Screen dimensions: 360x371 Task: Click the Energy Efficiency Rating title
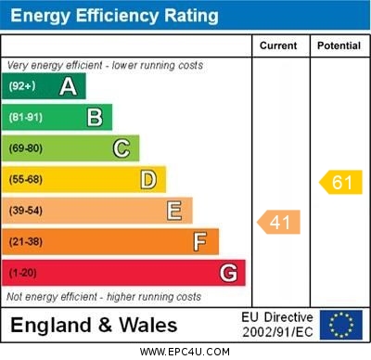[114, 16]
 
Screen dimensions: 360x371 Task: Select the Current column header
[278, 45]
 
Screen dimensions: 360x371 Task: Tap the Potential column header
[339, 45]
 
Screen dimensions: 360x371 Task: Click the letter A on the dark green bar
[68, 86]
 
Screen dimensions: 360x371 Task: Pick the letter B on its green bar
[95, 117]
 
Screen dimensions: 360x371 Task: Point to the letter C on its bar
[122, 148]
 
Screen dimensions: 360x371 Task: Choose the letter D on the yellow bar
[148, 179]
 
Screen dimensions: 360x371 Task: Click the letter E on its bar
[174, 211]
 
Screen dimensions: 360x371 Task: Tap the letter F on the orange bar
[200, 242]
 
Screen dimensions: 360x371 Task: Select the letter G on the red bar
[228, 273]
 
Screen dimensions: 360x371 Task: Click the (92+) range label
[22, 86]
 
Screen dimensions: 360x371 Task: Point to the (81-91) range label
[25, 117]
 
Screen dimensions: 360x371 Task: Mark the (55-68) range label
[25, 179]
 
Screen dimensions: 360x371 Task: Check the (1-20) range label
[22, 274]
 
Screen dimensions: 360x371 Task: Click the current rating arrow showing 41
[279, 223]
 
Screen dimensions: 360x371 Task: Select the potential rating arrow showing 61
[340, 182]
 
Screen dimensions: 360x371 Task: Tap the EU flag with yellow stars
[341, 325]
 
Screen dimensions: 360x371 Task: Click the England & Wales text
[94, 325]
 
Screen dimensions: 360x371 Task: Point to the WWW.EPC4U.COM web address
[185, 352]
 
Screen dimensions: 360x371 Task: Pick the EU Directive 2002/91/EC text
[277, 325]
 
